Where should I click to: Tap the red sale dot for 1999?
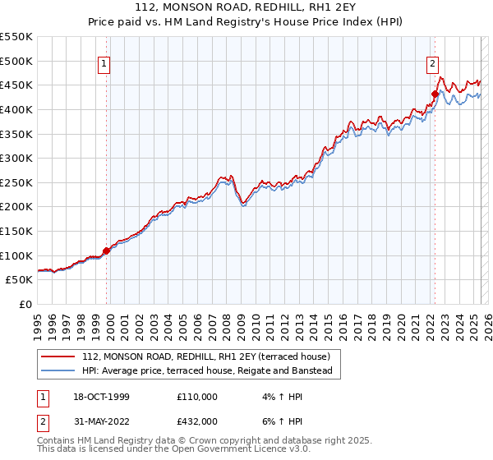tap(106, 251)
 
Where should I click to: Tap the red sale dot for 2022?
tap(435, 94)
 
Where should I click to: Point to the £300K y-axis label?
tap(16, 158)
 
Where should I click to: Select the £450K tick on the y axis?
tap(16, 85)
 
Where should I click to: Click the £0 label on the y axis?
tap(25, 304)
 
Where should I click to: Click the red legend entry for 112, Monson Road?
tap(205, 356)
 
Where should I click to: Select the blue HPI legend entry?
tap(206, 371)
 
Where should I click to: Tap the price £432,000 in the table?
tap(197, 421)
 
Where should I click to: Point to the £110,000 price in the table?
tap(197, 397)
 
